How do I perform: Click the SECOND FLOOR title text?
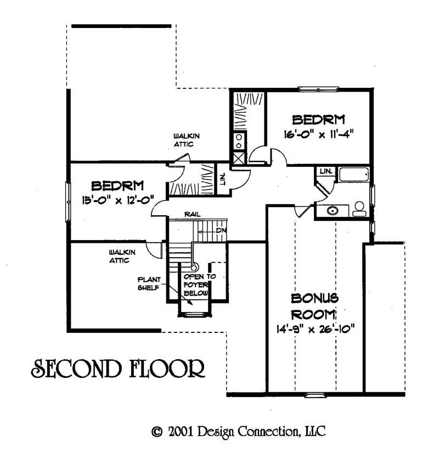(117, 369)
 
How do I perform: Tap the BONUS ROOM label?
(314, 306)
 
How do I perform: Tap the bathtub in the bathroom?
(354, 175)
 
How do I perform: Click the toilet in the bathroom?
(360, 208)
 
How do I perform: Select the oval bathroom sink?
(332, 209)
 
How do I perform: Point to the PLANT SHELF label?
(148, 282)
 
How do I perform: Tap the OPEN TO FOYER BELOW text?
(197, 285)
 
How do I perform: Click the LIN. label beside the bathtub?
(326, 171)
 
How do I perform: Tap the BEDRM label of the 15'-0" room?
(117, 185)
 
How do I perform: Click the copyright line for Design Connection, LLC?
(239, 431)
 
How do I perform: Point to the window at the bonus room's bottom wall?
(314, 394)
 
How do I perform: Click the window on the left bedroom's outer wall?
(69, 201)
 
